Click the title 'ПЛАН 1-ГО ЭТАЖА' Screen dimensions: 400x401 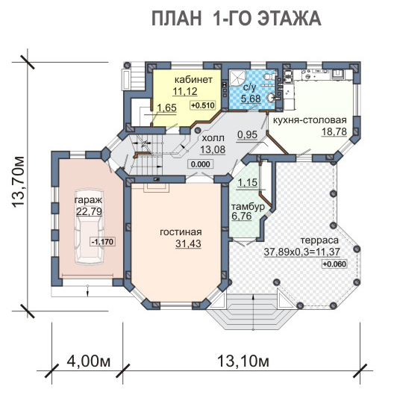pos(237,19)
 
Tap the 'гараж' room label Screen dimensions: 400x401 pos(88,199)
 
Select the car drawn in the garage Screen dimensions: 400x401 pos(90,227)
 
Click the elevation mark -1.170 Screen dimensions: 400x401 pos(102,241)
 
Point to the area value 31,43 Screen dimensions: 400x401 pos(188,243)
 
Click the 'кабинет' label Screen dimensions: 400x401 pos(193,80)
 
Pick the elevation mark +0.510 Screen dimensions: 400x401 pos(203,105)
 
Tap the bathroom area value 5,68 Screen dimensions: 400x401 pos(251,99)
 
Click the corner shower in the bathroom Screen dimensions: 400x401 pos(237,78)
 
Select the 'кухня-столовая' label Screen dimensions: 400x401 pos(310,119)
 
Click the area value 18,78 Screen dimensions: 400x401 pos(334,131)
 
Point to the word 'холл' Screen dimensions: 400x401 pos(213,138)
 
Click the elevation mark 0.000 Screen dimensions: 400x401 pos(201,164)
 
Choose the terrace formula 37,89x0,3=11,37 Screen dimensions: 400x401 pos(301,252)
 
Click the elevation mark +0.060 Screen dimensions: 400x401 pos(334,264)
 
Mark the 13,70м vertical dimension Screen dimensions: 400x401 pos(19,181)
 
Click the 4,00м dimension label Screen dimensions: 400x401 pos(89,361)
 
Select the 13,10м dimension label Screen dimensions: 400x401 pos(243,361)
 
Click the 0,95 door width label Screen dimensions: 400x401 pos(247,134)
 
